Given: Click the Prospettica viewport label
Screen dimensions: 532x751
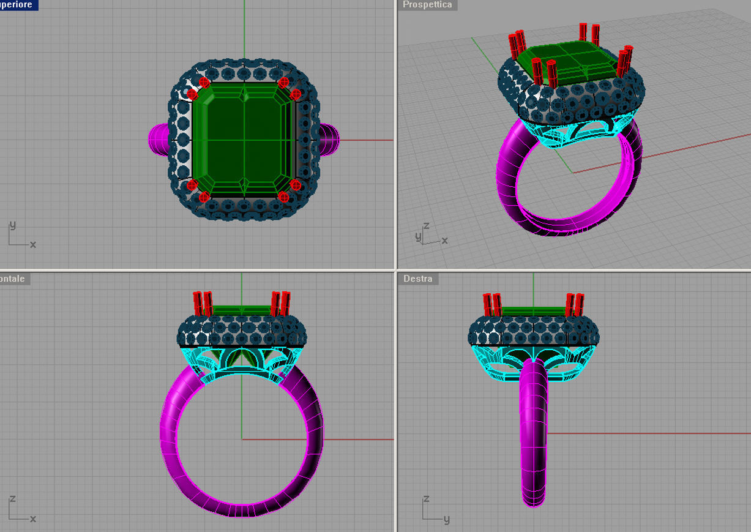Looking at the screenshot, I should (x=427, y=5).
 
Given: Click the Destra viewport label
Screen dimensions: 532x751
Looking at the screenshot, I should (x=418, y=279).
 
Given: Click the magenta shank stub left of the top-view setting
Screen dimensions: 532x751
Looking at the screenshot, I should (x=159, y=138).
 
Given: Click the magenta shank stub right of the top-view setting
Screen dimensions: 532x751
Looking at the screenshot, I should (x=329, y=138).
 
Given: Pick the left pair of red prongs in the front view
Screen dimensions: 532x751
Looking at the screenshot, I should (x=203, y=303).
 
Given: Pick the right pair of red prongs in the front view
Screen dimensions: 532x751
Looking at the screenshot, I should (x=281, y=303).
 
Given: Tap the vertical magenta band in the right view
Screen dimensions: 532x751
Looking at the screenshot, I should (x=533, y=441).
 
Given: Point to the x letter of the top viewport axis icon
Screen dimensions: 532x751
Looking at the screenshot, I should (x=33, y=244).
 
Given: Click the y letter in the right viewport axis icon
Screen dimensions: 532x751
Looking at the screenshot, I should (x=447, y=519).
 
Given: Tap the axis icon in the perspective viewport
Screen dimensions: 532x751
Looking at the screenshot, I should (x=428, y=234).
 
